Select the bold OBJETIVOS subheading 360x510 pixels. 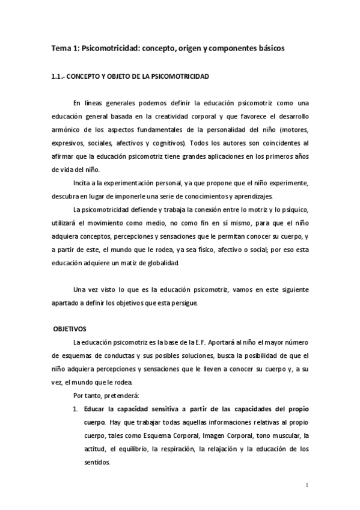tap(70, 329)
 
